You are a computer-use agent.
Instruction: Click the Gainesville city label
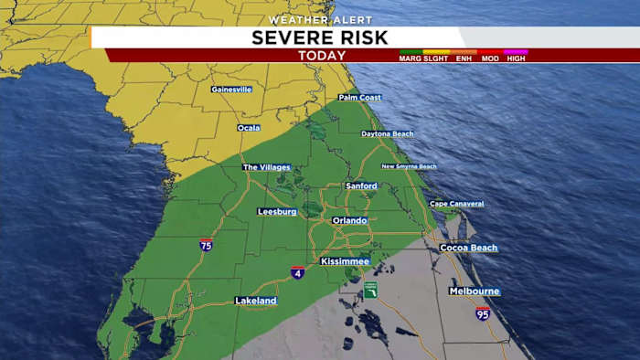click(230, 90)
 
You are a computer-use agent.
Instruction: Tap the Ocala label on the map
click(249, 128)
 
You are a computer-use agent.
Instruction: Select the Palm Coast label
click(359, 97)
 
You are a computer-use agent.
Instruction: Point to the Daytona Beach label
click(389, 134)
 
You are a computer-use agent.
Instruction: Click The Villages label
click(266, 167)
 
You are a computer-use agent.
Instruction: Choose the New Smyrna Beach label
click(409, 166)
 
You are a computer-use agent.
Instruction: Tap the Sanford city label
click(361, 185)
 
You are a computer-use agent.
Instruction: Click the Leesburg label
click(277, 211)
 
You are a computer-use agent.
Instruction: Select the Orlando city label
click(349, 220)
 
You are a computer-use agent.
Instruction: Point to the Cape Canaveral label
click(456, 204)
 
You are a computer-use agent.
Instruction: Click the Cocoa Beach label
click(469, 248)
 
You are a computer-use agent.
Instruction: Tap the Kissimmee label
click(345, 261)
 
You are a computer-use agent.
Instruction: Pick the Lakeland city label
click(256, 300)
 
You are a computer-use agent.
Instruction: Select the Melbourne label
click(474, 291)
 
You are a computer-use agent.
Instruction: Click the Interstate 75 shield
click(207, 245)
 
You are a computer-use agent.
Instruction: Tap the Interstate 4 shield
click(298, 272)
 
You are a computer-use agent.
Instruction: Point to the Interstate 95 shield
click(483, 313)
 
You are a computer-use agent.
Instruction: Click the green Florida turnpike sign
click(370, 290)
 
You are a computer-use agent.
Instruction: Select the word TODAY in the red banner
click(322, 56)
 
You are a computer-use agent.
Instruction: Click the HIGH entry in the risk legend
click(517, 58)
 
